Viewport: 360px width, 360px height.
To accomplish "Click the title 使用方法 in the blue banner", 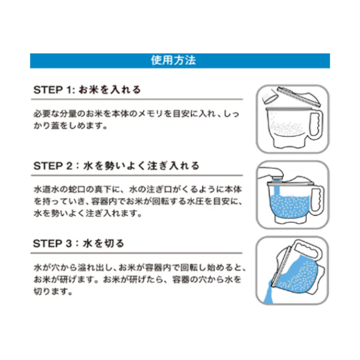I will (x=180, y=61).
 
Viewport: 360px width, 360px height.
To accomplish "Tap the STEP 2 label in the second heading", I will (x=54, y=166).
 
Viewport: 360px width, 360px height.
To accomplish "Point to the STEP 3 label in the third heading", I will (x=54, y=243).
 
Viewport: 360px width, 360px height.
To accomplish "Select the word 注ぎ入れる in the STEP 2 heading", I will (x=174, y=166).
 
